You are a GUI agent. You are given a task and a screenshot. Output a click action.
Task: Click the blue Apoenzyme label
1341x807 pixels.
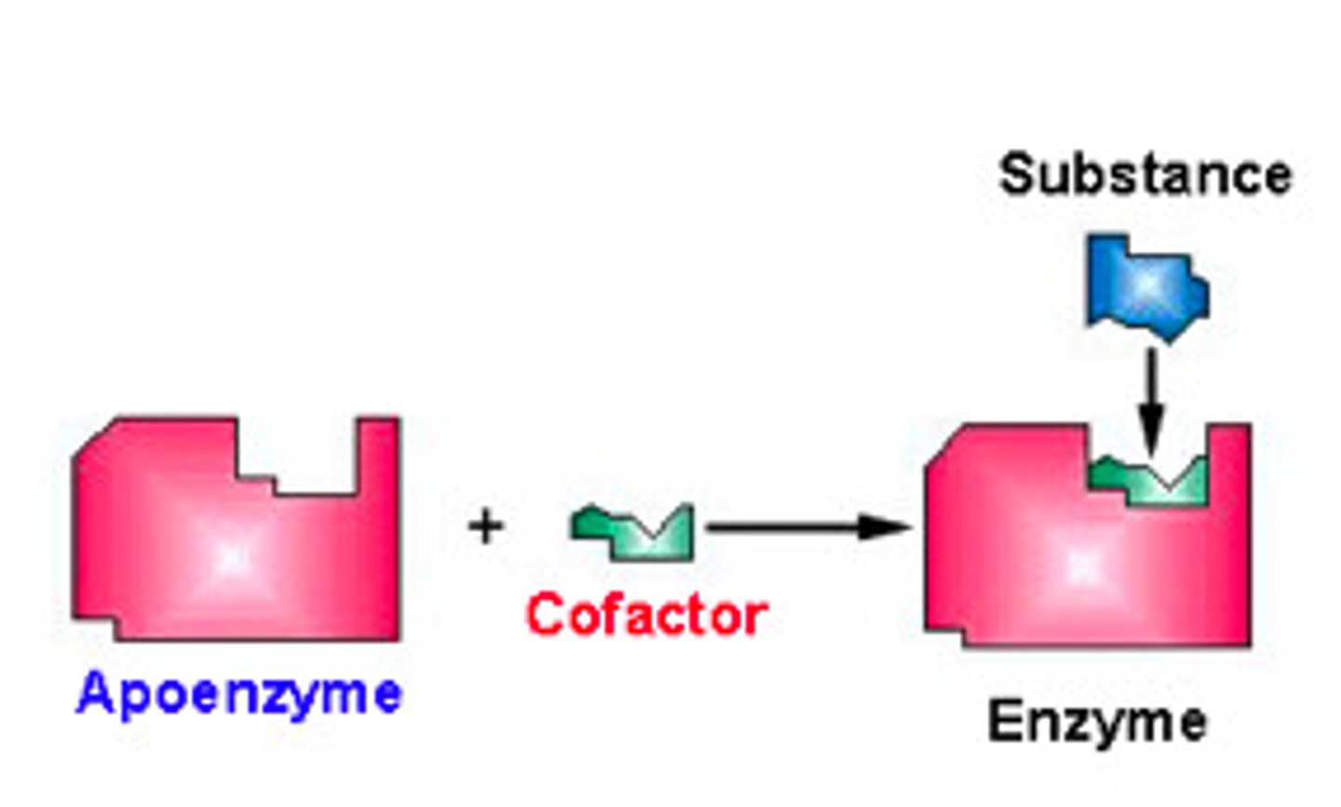tap(238, 694)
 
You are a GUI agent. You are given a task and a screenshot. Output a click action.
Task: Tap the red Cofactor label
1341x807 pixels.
tap(646, 615)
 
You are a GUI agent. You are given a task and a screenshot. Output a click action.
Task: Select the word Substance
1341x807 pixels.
tap(1145, 175)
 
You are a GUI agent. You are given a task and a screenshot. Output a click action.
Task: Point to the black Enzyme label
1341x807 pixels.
tap(1097, 722)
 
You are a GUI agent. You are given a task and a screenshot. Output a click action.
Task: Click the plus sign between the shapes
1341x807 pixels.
tap(485, 527)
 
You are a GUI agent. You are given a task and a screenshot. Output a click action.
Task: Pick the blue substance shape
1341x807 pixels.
tap(1147, 287)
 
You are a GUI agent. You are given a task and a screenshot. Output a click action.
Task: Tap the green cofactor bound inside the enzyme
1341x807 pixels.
tap(1150, 481)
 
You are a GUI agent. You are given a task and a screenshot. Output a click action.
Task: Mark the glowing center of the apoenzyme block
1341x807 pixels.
tap(230, 557)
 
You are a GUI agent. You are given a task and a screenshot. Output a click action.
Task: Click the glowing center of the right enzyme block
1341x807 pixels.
tap(1082, 564)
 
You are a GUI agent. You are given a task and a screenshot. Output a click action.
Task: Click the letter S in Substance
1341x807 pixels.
tap(1018, 175)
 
